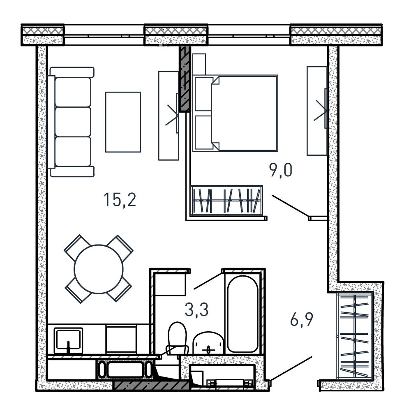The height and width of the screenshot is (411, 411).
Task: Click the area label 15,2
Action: click(120, 200)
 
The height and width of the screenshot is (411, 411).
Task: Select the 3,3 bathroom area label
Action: click(196, 309)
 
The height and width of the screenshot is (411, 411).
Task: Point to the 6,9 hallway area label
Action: click(301, 319)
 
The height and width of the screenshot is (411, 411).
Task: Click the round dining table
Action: click(99, 269)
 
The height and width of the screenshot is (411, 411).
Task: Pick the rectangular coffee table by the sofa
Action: click(123, 122)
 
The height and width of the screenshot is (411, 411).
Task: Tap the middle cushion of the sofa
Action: click(73, 122)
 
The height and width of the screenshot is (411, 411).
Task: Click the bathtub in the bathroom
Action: click(242, 314)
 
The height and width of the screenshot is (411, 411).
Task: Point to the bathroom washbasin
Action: click(208, 343)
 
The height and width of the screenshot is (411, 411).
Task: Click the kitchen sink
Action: click(68, 341)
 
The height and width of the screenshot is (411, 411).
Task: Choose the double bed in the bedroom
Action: click(235, 113)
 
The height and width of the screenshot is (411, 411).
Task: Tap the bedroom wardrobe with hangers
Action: click(226, 201)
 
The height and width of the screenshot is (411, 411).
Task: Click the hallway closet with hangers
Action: click(355, 336)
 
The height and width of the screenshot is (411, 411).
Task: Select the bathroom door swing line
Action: click(208, 281)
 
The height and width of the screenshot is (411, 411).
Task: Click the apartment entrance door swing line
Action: click(291, 368)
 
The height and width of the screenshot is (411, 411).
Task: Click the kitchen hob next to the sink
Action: click(121, 339)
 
